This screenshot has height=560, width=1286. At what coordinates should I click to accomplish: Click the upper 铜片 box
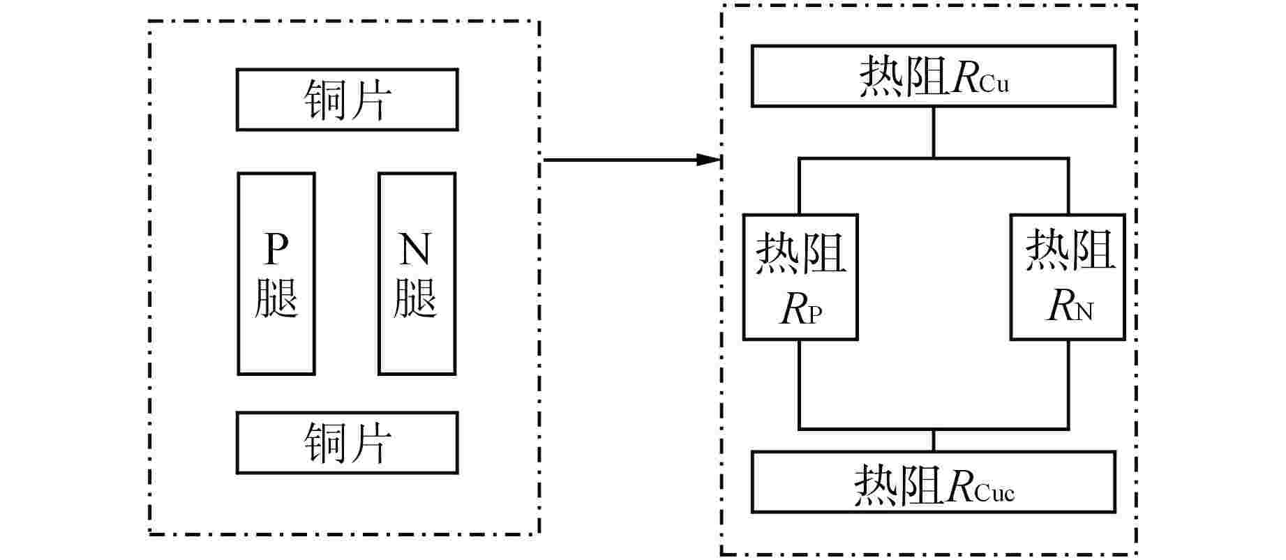click(347, 100)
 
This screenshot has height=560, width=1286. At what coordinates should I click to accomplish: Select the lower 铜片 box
click(347, 443)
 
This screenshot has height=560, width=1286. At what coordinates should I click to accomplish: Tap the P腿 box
click(276, 273)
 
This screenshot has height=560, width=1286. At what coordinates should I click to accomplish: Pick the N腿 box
click(417, 273)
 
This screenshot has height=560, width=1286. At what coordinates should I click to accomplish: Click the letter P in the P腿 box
click(276, 250)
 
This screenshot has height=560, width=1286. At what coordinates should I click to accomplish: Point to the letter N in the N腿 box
click(415, 250)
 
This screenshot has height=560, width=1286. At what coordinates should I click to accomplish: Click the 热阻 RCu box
click(933, 76)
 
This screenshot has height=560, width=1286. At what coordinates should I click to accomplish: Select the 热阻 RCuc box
click(933, 482)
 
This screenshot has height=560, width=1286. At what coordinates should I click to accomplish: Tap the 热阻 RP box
click(800, 277)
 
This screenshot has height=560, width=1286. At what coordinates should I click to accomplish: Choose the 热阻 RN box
click(1068, 277)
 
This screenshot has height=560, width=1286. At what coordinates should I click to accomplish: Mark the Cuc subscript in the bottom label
click(994, 493)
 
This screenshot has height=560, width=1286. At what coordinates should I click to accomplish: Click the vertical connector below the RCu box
click(933, 133)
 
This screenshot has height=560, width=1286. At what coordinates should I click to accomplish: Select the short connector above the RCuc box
click(933, 440)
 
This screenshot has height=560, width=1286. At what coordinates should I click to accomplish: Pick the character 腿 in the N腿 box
click(415, 298)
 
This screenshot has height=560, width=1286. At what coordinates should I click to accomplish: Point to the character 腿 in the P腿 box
click(276, 298)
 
